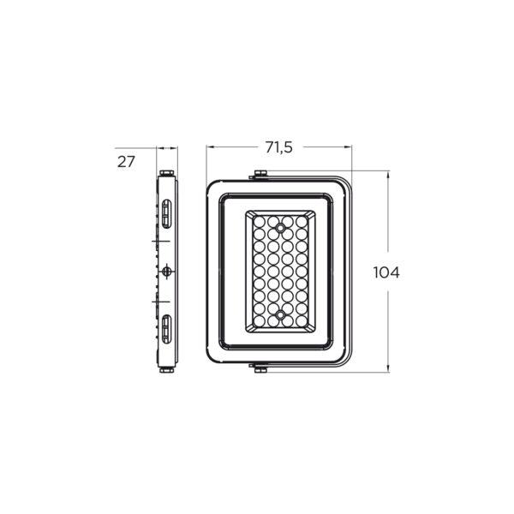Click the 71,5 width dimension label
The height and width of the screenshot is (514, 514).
click(278, 148)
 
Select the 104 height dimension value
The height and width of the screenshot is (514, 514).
click(387, 272)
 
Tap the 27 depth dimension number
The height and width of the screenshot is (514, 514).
click(127, 161)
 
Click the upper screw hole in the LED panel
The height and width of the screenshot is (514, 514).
click(280, 229)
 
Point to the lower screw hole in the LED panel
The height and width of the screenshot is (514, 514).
click(280, 316)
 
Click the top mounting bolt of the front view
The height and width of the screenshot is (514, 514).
click(259, 176)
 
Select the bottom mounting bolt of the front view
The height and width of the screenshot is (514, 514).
click(259, 368)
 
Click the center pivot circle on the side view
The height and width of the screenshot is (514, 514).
click(166, 271)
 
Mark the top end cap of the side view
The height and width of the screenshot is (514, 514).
click(167, 175)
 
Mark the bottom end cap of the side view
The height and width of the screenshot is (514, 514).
click(167, 371)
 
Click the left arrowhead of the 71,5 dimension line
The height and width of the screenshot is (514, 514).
click(209, 148)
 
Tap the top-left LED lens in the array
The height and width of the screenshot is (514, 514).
click(260, 221)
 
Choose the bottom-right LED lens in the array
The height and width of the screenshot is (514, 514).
click(301, 323)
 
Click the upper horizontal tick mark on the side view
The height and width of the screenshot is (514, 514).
click(154, 242)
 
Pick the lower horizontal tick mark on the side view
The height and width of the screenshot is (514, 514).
click(154, 302)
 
